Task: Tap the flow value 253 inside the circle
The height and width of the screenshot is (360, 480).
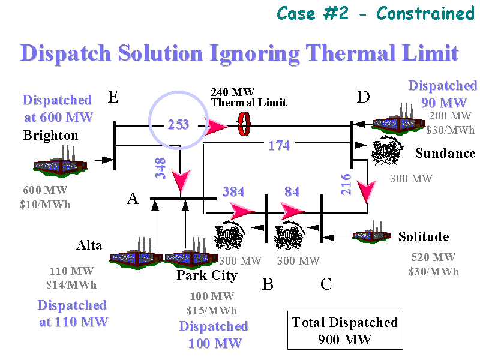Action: point(178,125)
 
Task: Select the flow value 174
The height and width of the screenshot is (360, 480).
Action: point(279,145)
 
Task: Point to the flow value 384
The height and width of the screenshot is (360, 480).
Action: point(233,192)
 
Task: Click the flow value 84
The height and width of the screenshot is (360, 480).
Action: point(292,192)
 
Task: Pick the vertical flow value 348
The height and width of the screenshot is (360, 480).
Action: point(161,169)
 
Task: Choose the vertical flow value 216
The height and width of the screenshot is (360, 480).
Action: point(346,184)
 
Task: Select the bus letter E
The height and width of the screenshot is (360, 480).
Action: point(113,97)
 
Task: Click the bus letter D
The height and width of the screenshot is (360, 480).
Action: point(363,97)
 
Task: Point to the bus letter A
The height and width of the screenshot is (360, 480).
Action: point(133,199)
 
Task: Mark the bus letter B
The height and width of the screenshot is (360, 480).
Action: point(268,284)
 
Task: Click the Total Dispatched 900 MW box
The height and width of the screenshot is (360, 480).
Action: point(344,331)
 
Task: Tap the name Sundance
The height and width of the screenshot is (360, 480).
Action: point(445,154)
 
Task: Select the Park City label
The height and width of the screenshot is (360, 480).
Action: point(207,275)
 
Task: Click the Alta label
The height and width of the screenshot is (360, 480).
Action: point(89,245)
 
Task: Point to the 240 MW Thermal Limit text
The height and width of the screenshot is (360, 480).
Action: point(240,97)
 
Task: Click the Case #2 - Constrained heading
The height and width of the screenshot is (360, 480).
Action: point(375,13)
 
